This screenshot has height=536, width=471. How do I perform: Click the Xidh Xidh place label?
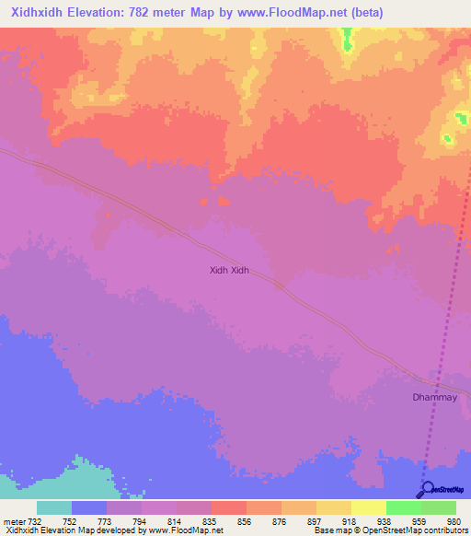pos(230,271)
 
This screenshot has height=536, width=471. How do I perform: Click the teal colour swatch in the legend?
pos(53,507)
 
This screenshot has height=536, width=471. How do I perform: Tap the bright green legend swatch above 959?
pos(403,507)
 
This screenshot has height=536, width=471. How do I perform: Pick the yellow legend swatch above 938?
pos(368,507)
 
